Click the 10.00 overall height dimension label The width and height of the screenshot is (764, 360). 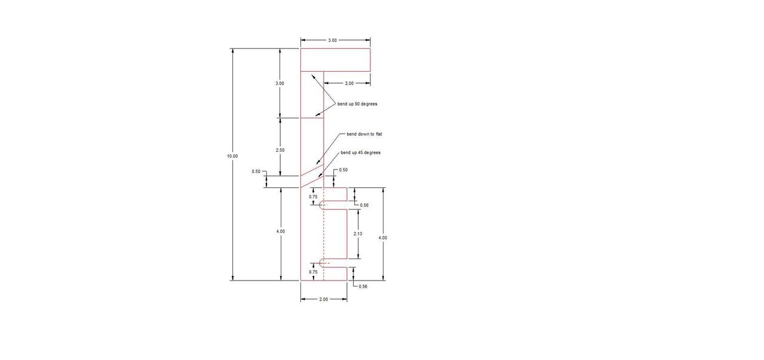[x=232, y=156]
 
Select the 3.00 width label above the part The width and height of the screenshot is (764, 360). [x=332, y=40]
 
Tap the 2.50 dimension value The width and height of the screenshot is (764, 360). [x=280, y=150]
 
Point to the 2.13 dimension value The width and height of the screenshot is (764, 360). [x=358, y=234]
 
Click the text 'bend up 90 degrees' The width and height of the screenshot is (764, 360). [x=357, y=104]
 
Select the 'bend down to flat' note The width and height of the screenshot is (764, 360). [x=364, y=134]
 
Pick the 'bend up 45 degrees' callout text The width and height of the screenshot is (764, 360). [x=361, y=153]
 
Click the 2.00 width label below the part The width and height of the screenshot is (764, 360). [x=323, y=299]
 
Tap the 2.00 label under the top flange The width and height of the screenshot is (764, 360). [x=349, y=83]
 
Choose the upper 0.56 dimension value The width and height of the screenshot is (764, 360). [x=364, y=205]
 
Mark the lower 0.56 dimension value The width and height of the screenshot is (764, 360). [x=363, y=287]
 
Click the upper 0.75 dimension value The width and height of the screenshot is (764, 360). [x=313, y=196]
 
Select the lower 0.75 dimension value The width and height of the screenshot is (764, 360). [x=313, y=272]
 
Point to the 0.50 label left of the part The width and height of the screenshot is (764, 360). [x=256, y=171]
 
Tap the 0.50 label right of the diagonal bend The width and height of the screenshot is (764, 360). [x=343, y=170]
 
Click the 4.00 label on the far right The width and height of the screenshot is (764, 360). [x=383, y=238]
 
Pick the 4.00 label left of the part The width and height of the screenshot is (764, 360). [x=280, y=232]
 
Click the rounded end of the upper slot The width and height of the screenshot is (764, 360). [x=320, y=205]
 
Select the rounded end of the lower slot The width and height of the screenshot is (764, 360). [x=320, y=263]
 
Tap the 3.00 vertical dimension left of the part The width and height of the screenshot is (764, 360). [x=280, y=83]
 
